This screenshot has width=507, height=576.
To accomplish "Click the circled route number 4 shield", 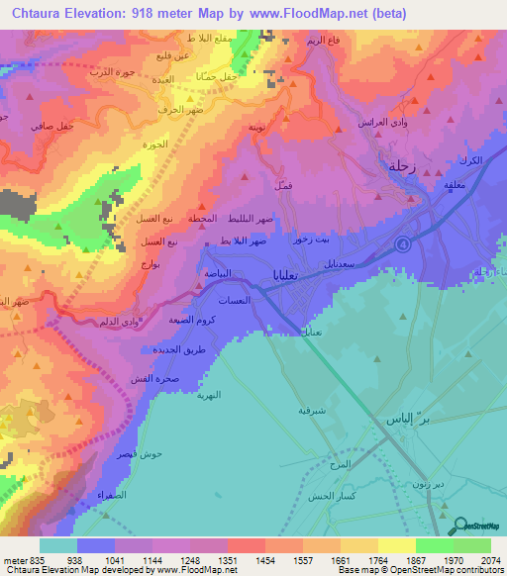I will (403, 243).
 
